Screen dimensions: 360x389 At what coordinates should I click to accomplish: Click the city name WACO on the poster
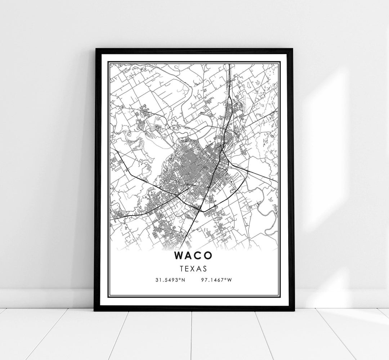click(x=194, y=255)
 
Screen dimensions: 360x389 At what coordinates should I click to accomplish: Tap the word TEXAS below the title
click(x=194, y=268)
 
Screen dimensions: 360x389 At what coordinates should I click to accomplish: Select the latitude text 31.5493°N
click(x=170, y=280)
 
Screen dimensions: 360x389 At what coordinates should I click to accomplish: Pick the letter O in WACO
click(x=209, y=255)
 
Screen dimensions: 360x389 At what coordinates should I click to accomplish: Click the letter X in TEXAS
click(x=194, y=268)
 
